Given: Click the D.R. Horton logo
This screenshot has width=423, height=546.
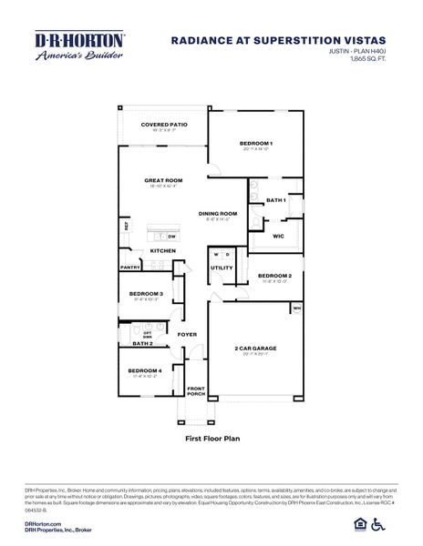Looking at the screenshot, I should pyautogui.click(x=79, y=45).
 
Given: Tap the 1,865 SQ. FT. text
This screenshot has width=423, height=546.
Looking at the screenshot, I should pyautogui.click(x=364, y=61).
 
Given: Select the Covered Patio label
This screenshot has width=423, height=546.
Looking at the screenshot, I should pyautogui.click(x=163, y=125).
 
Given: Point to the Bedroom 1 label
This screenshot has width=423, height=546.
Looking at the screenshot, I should pyautogui.click(x=256, y=144).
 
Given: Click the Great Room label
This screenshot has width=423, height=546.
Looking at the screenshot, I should pyautogui.click(x=163, y=180).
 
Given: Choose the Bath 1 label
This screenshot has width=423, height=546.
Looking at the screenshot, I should pyautogui.click(x=275, y=200).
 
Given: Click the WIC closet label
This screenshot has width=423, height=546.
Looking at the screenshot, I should pyautogui.click(x=279, y=236).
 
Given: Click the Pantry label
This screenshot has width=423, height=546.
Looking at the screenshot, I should pyautogui.click(x=129, y=268).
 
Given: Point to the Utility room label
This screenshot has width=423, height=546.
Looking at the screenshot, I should pyautogui.click(x=222, y=268).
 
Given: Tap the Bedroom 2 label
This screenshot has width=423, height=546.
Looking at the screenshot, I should pyautogui.click(x=273, y=275).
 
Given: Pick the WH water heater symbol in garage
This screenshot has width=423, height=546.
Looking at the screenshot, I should pyautogui.click(x=295, y=308).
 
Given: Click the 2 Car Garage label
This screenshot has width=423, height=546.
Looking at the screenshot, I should pyautogui.click(x=255, y=349).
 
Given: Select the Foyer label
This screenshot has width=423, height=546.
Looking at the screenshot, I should pyautogui.click(x=187, y=334).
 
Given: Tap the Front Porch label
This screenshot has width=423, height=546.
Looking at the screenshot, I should pyautogui.click(x=195, y=391).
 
